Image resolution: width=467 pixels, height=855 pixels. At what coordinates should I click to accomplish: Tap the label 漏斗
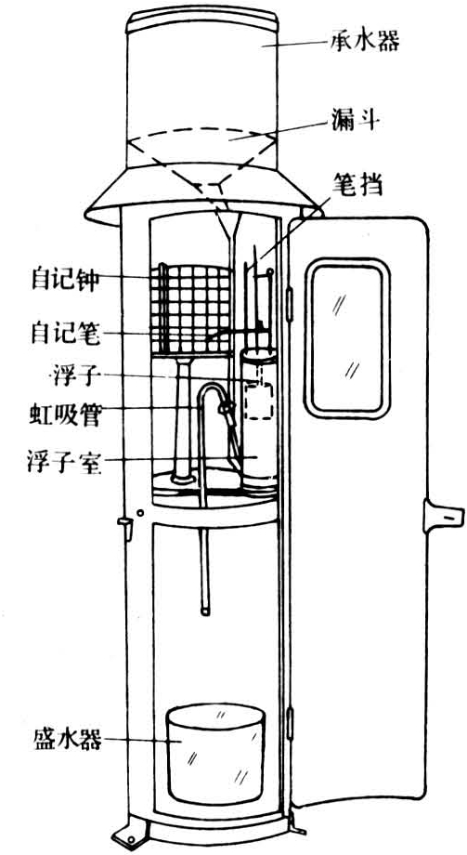354,119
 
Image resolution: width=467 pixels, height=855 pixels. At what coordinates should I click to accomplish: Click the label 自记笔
65,333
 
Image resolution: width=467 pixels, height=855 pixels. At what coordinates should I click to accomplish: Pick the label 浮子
76,375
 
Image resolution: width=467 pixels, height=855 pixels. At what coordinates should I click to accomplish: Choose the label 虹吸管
65,416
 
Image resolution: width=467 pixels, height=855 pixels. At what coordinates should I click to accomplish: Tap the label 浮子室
64,461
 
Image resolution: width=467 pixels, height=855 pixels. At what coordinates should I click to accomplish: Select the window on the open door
347,338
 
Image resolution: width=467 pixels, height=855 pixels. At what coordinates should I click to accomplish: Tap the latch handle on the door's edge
443,516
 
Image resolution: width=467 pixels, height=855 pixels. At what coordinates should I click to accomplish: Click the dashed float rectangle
258,401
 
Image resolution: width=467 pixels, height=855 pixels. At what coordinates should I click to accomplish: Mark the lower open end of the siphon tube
205,612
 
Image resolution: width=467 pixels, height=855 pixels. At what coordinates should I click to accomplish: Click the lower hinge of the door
290,722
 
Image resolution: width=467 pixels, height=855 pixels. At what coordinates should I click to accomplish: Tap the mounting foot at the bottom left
131,828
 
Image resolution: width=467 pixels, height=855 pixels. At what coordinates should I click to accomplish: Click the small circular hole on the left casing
140,513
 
